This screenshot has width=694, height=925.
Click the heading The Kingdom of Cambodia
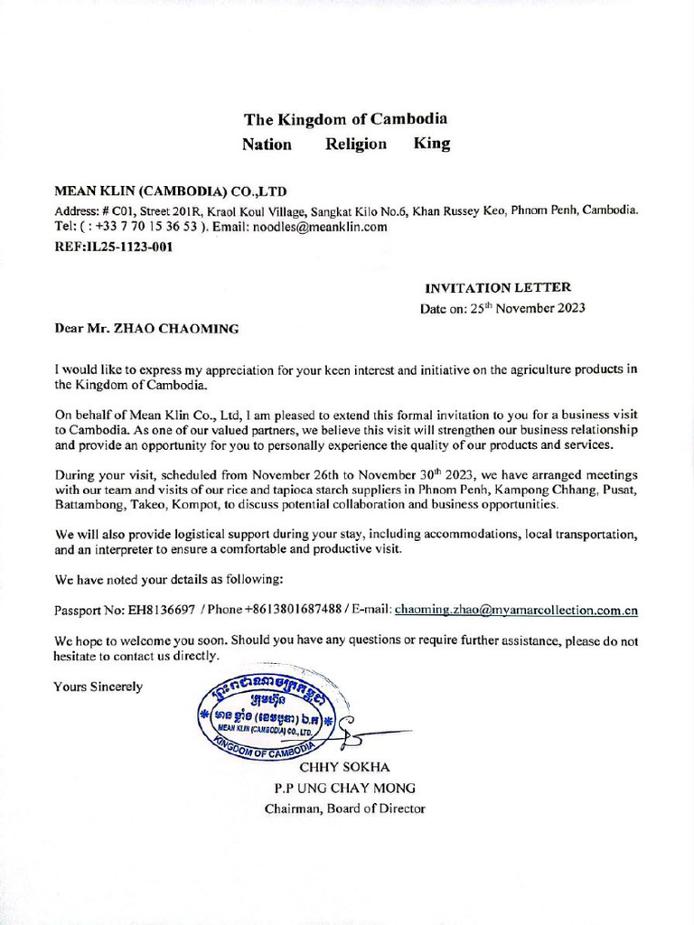tap(345, 118)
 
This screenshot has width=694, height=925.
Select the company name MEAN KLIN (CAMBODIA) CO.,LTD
tap(170, 192)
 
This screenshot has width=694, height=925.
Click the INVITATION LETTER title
tap(497, 287)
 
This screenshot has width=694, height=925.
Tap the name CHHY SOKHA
tap(351, 767)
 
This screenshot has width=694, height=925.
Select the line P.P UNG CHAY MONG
tap(345, 788)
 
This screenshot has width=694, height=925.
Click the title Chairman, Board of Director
tap(344, 808)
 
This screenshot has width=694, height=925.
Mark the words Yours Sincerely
tap(98, 687)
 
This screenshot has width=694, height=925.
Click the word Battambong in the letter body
tap(89, 504)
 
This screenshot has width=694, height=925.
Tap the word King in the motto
tap(431, 144)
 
